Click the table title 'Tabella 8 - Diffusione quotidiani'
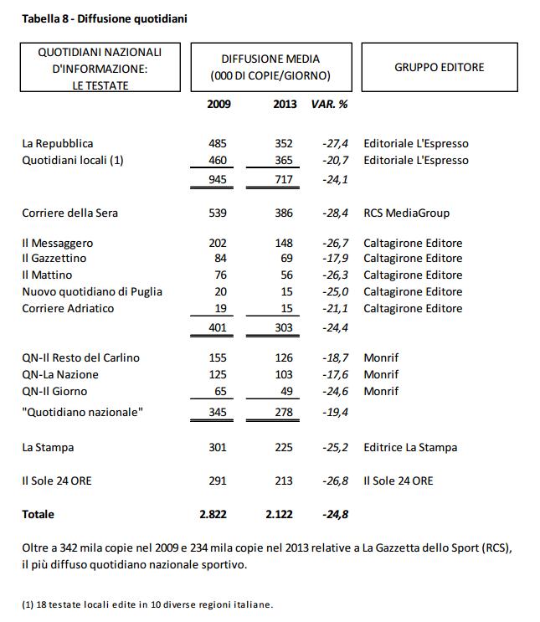click(x=104, y=18)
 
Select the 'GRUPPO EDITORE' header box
click(x=439, y=67)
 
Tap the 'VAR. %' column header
click(x=329, y=105)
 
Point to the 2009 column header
click(x=219, y=105)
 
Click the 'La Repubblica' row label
click(x=58, y=144)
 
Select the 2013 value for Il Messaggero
click(x=284, y=243)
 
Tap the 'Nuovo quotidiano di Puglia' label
click(x=92, y=291)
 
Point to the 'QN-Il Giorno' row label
click(x=54, y=391)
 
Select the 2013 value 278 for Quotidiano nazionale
click(x=284, y=412)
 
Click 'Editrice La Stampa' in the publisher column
click(x=410, y=447)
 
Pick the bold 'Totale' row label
click(x=38, y=514)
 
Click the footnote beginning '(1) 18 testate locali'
click(x=147, y=604)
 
